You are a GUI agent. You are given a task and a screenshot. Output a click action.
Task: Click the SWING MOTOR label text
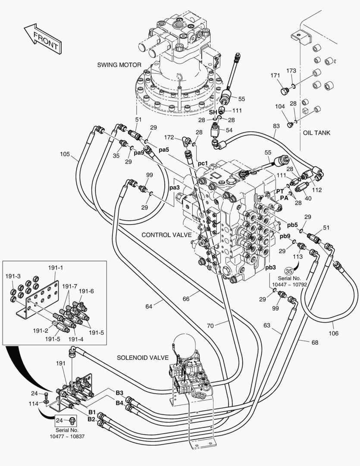pyautogui.click(x=119, y=65)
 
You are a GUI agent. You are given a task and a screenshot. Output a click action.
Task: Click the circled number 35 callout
pyautogui.click(x=288, y=271)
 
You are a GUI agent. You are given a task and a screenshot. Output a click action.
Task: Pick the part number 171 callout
pyautogui.click(x=275, y=76)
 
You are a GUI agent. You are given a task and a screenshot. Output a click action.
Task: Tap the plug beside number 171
pyautogui.click(x=284, y=91)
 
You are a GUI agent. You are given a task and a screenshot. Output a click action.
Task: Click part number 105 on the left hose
pyautogui.click(x=65, y=154)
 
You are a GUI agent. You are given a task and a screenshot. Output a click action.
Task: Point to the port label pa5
pyautogui.click(x=163, y=150)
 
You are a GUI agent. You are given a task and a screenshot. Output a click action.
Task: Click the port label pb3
pyautogui.click(x=271, y=268)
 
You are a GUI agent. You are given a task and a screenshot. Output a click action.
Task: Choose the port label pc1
pyautogui.click(x=203, y=164)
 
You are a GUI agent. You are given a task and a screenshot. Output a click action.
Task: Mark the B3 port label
pyautogui.click(x=119, y=393)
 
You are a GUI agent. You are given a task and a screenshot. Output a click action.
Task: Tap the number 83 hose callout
pyautogui.click(x=276, y=126)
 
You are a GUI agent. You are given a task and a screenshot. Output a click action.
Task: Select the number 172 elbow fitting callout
pyautogui.click(x=169, y=137)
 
